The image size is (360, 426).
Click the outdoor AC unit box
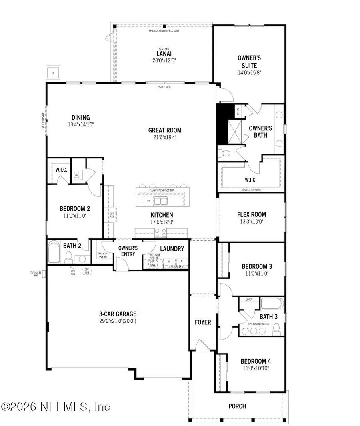[52, 73]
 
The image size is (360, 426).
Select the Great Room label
[164, 130]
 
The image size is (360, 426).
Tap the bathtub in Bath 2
[53, 252]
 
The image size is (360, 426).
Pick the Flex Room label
[251, 214]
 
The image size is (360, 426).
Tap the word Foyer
[203, 322]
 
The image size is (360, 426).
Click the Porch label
[237, 406]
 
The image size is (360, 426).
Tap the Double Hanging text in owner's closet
[252, 190]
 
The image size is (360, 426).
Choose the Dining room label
[80, 118]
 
